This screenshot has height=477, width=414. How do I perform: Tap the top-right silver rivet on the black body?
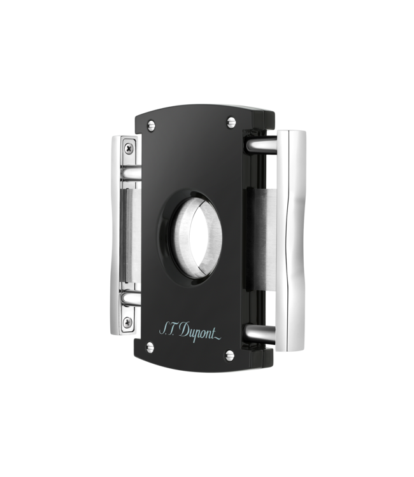(229, 119)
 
